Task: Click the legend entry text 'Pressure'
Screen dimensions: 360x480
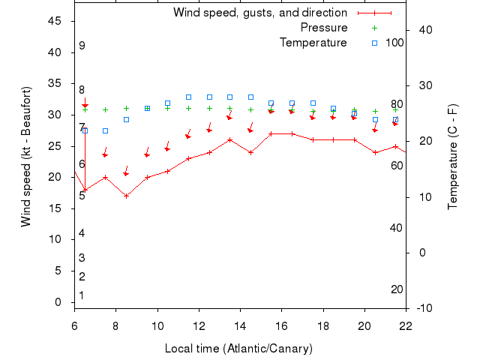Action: (x=324, y=28)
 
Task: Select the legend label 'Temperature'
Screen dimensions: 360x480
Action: (x=313, y=43)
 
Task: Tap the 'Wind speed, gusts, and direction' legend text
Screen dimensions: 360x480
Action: (x=260, y=13)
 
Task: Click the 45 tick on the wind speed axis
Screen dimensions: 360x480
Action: (x=54, y=21)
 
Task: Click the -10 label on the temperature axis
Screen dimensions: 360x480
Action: (x=422, y=307)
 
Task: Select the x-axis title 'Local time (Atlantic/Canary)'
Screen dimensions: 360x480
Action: (x=238, y=349)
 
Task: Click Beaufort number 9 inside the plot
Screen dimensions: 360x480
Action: (x=82, y=46)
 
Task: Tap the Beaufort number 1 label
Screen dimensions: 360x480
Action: (x=82, y=295)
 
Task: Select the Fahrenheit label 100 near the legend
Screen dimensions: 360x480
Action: (x=394, y=43)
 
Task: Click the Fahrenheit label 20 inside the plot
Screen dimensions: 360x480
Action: (x=397, y=289)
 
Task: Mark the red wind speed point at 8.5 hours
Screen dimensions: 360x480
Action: (x=126, y=196)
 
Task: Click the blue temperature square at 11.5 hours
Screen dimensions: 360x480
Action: (x=188, y=97)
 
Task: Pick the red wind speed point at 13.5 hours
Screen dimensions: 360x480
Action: (x=229, y=139)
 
